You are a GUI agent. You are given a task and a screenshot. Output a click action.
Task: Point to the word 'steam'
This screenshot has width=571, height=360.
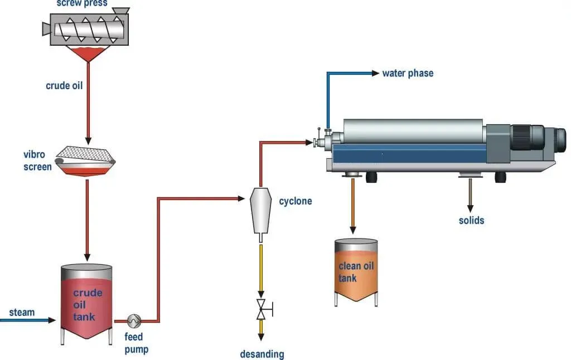point(21,312)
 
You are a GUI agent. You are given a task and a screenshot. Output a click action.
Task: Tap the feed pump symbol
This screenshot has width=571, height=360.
point(134,321)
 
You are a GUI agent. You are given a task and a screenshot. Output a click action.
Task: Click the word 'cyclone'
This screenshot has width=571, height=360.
point(295,201)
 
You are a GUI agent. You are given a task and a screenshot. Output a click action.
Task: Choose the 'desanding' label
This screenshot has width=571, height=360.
point(262,354)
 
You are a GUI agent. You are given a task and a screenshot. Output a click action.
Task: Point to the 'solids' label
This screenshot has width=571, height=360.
point(471,220)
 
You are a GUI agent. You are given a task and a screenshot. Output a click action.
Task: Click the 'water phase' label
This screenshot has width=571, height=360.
point(407,73)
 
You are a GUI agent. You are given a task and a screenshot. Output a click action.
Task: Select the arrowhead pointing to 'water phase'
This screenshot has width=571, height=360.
point(375,73)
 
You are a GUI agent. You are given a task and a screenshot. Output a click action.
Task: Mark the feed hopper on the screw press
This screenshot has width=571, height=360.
point(120,11)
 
